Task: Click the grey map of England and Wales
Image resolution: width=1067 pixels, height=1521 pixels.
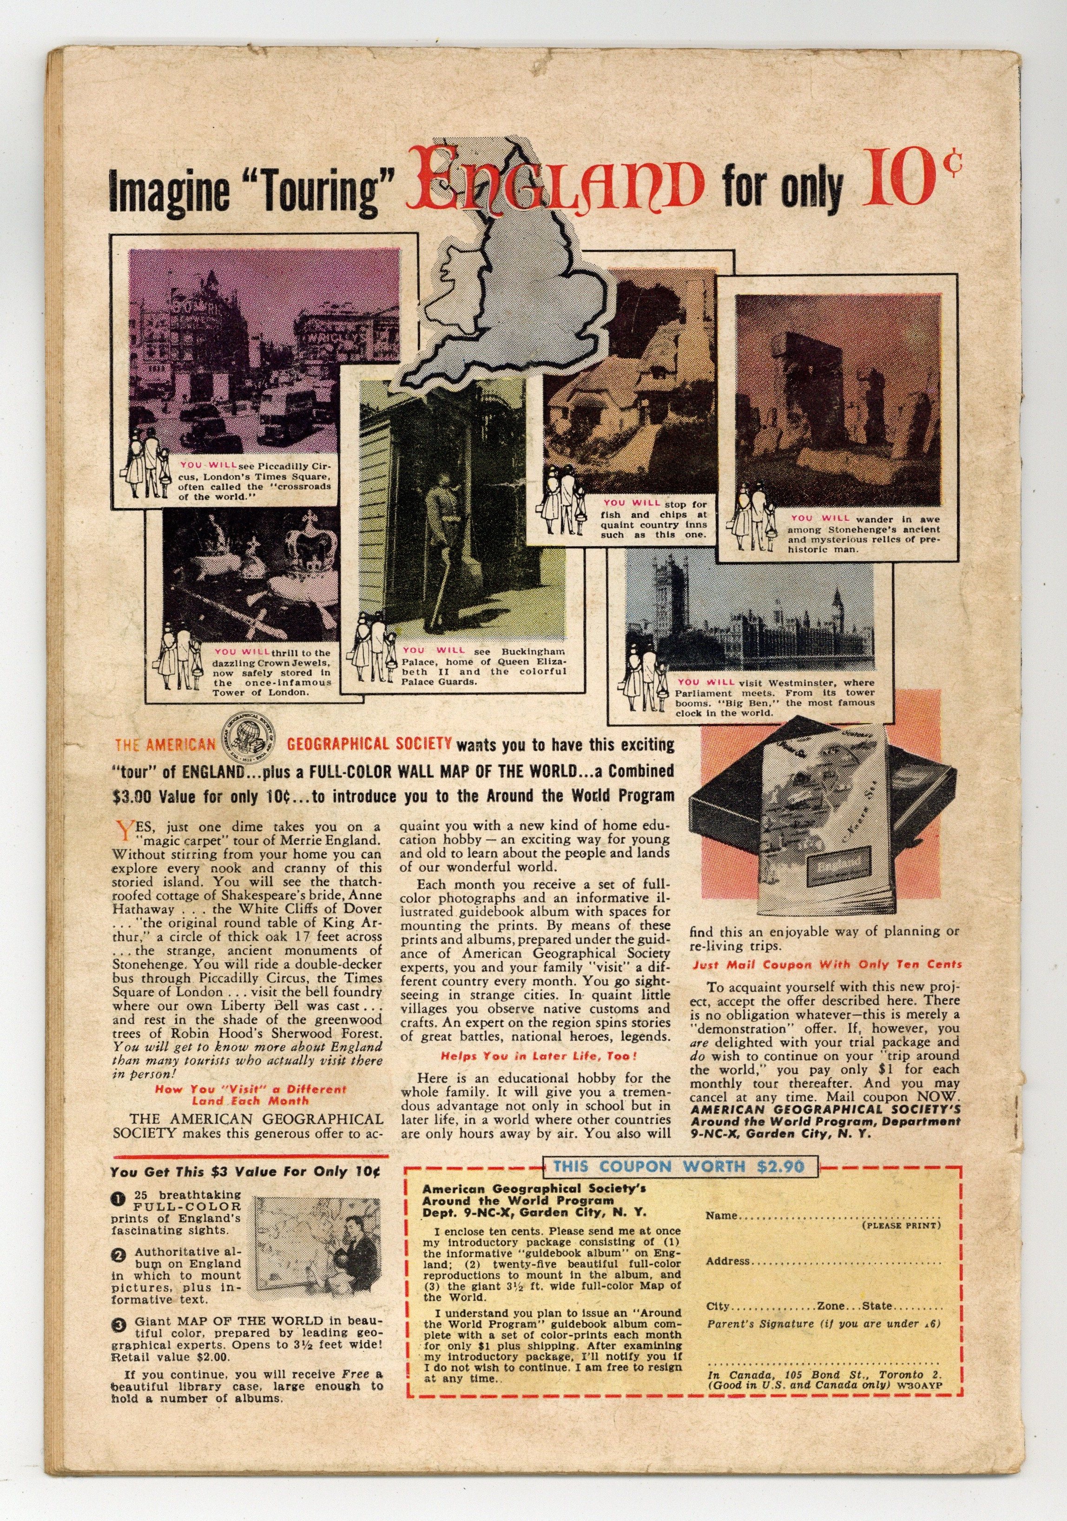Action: point(503,311)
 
